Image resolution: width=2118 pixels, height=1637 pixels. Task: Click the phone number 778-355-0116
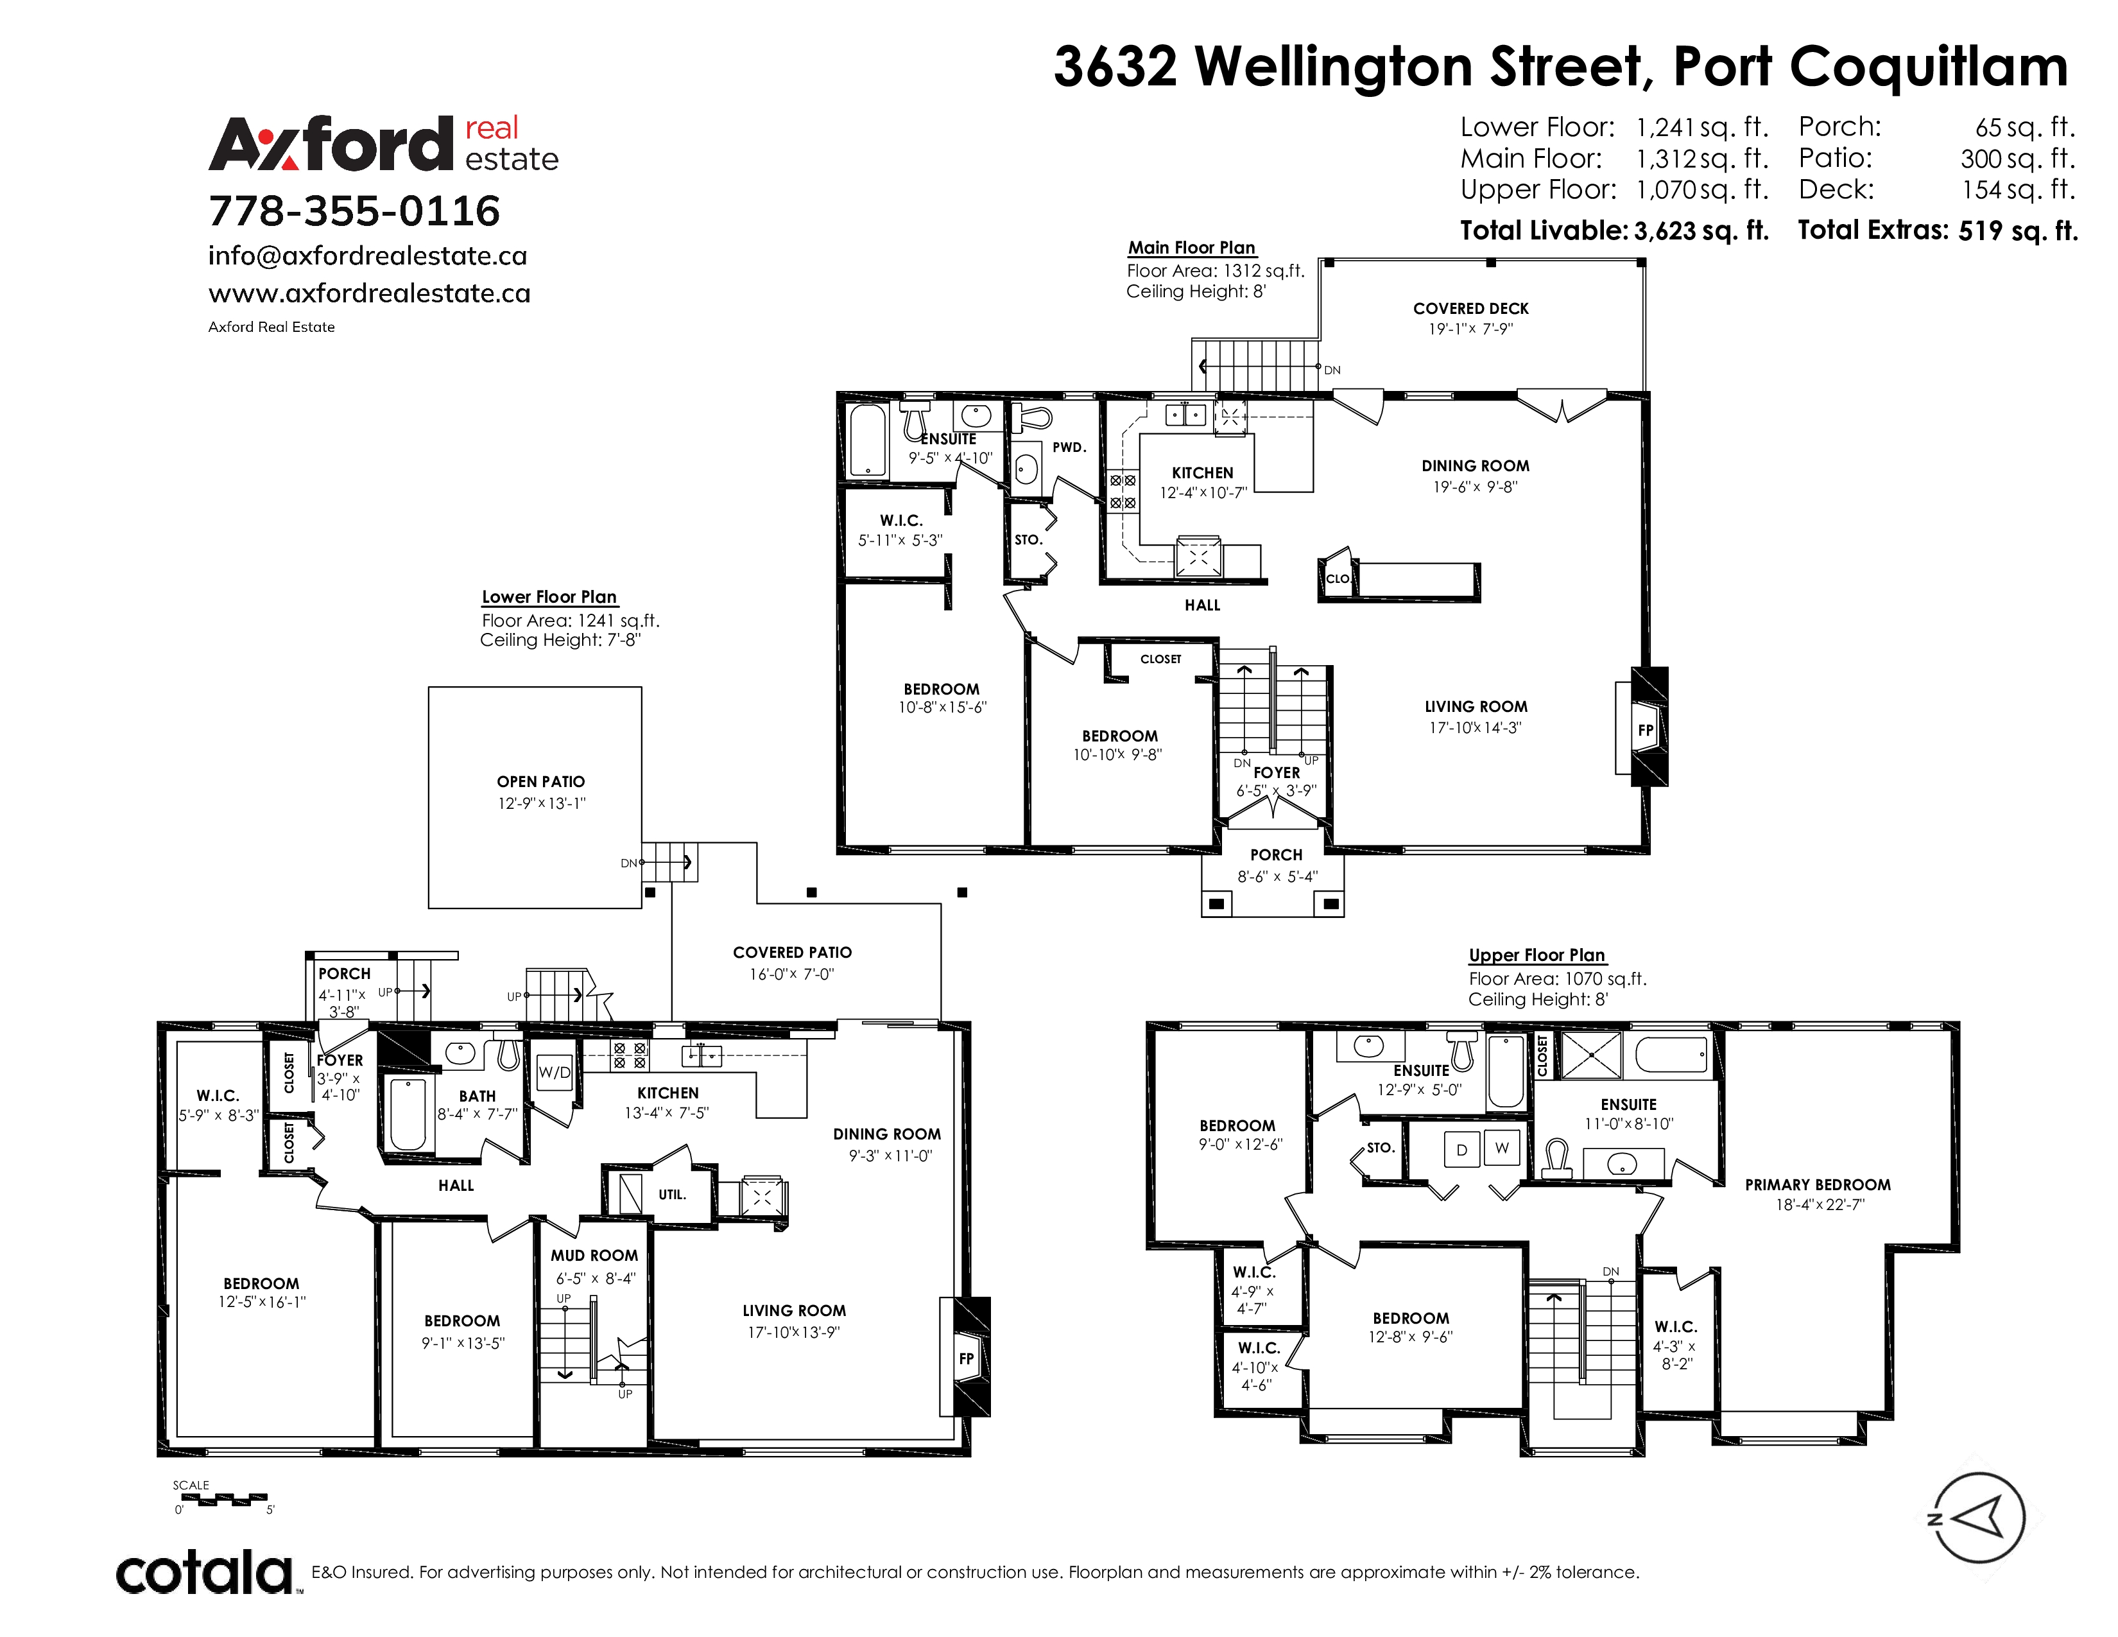coord(354,211)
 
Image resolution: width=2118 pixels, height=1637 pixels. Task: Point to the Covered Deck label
coord(1470,308)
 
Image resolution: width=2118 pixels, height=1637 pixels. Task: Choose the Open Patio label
coord(541,782)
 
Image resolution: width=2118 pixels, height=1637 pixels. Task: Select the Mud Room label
coord(594,1255)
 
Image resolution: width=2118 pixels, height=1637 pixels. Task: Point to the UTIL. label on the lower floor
coord(672,1195)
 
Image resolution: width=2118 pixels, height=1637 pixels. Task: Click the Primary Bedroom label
coord(1818,1184)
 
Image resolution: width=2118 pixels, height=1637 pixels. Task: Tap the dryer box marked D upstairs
coord(1461,1149)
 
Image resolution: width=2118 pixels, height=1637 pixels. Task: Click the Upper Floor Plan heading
coord(1537,955)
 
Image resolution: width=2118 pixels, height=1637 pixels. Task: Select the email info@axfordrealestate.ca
coord(368,256)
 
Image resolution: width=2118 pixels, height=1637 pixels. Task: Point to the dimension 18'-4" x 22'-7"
coord(1818,1204)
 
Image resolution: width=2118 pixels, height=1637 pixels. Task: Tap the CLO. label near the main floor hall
coord(1338,579)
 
